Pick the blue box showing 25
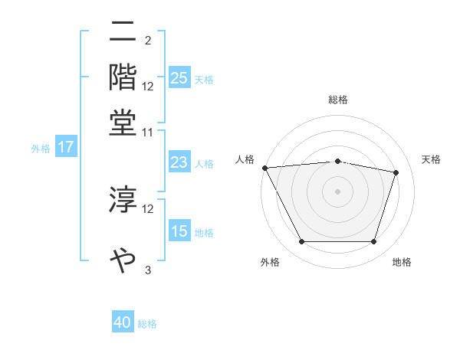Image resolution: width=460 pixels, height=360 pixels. tap(179, 78)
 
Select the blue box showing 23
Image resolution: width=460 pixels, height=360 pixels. tap(179, 162)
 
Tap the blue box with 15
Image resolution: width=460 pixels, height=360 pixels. tap(179, 231)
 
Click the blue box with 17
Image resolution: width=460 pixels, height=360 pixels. tap(65, 148)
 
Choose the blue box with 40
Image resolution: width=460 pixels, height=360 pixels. tap(123, 323)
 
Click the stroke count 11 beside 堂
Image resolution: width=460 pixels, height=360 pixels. tap(148, 132)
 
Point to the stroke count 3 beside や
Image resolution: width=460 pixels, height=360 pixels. tap(148, 270)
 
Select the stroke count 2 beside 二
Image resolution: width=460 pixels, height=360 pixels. tap(148, 40)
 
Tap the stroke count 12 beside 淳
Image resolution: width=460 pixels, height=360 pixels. tap(148, 208)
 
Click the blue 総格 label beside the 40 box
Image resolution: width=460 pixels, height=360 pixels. tap(147, 324)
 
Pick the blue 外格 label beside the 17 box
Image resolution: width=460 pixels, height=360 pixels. tap(41, 149)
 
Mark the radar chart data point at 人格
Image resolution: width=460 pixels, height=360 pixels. tap(264, 168)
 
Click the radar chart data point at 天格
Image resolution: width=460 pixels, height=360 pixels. tap(396, 172)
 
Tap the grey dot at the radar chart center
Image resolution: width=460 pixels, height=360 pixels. tap(337, 191)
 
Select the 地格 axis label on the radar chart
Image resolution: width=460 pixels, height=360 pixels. tap(402, 263)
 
